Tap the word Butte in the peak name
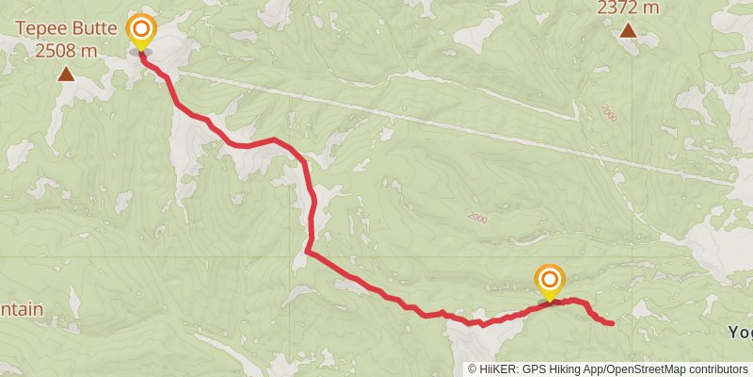pos(96,29)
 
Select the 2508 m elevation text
pos(67,50)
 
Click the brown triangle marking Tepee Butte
pos(67,74)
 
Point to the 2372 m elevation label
pos(628,8)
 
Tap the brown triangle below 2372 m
pos(628,31)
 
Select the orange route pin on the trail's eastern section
pos(550,280)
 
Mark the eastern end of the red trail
pos(613,324)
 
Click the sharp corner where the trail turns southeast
pos(308,252)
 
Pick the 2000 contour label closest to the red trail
pos(477,218)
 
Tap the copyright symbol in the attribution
pos(473,369)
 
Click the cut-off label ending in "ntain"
pos(21,309)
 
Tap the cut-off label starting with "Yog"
pos(740,332)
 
